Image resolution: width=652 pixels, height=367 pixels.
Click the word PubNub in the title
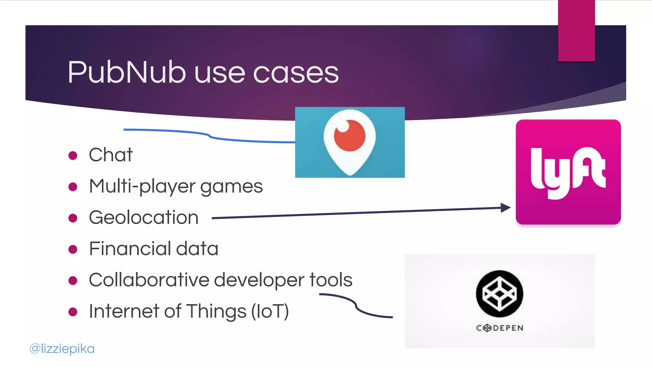127,72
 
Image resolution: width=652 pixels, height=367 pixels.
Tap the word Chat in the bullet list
110,155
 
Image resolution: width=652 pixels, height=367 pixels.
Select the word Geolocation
144,218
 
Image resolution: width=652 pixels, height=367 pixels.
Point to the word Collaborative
149,280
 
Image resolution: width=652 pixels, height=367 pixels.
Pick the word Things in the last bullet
216,311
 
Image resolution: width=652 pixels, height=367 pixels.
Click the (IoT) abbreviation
270,311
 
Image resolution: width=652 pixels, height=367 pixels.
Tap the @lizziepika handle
62,349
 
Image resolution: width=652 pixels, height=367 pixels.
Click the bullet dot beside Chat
73,155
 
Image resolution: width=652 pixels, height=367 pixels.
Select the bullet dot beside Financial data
73,249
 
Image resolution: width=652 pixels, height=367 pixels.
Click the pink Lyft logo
568,172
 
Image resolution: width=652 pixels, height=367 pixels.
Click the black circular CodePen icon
499,293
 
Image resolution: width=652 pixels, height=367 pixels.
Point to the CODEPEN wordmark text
500,328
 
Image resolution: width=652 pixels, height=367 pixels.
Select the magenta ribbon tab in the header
576,31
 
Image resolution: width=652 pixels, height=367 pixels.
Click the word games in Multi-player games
231,186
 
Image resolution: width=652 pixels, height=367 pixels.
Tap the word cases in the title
296,73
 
